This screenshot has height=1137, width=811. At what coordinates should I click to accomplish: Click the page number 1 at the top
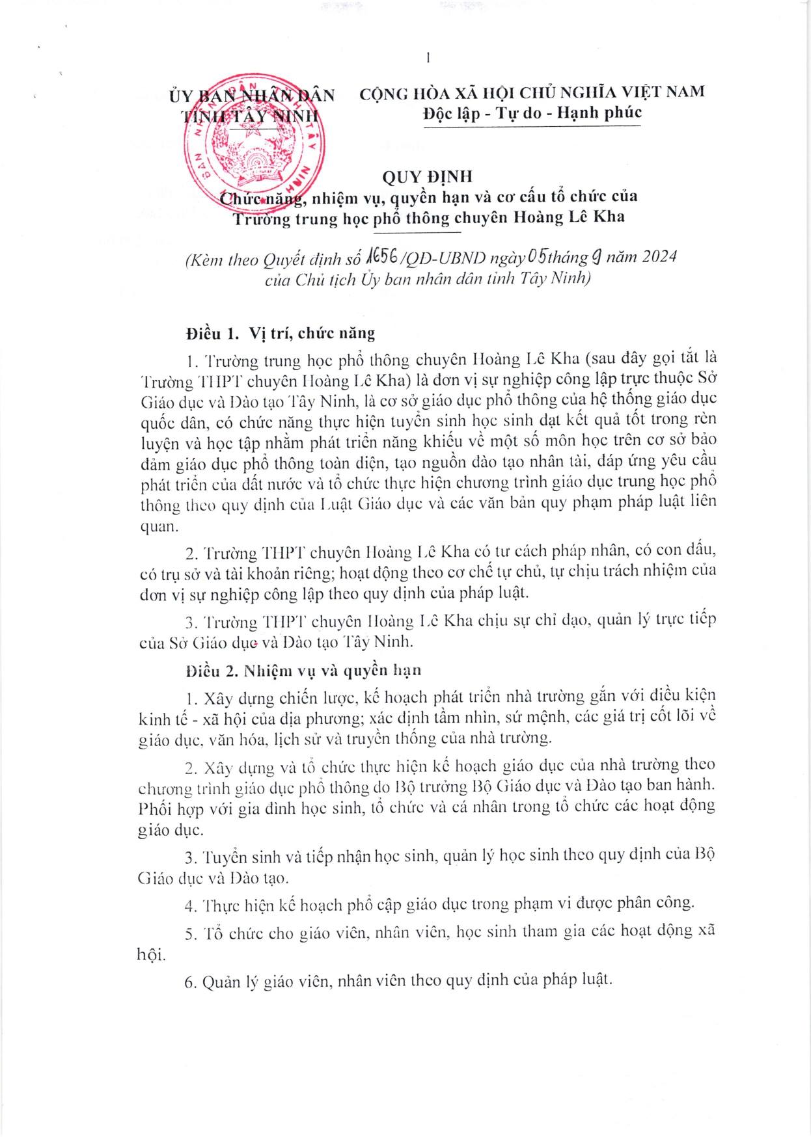point(428,58)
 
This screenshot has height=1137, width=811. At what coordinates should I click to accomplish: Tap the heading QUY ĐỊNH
point(427,176)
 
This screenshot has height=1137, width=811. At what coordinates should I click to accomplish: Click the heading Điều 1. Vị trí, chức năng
point(280,334)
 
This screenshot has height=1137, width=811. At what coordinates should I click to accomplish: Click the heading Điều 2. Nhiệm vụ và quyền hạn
point(303,671)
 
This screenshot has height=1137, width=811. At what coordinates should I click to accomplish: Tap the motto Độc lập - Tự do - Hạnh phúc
point(532,113)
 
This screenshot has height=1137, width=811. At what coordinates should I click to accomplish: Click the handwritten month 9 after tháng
point(594,257)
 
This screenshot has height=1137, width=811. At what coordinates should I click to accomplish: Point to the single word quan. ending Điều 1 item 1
point(159,526)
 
